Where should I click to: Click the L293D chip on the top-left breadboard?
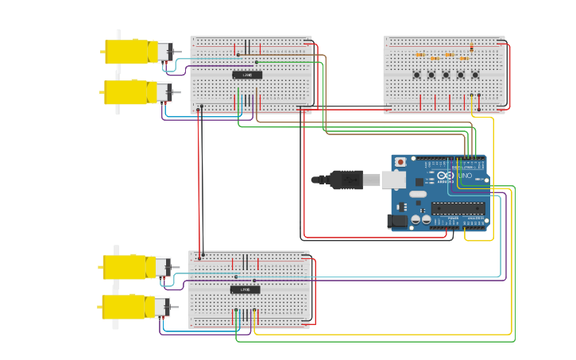coord(247,75)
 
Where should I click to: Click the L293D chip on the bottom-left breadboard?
coord(245,290)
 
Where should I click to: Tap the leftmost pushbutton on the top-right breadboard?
coord(417,75)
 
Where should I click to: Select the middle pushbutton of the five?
coord(446,75)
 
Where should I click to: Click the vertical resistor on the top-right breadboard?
coord(472,48)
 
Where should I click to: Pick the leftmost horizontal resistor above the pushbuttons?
coord(420,55)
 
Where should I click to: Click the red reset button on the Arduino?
coord(400,162)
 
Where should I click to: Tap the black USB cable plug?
coord(346,180)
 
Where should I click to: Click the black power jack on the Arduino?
coord(397,221)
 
